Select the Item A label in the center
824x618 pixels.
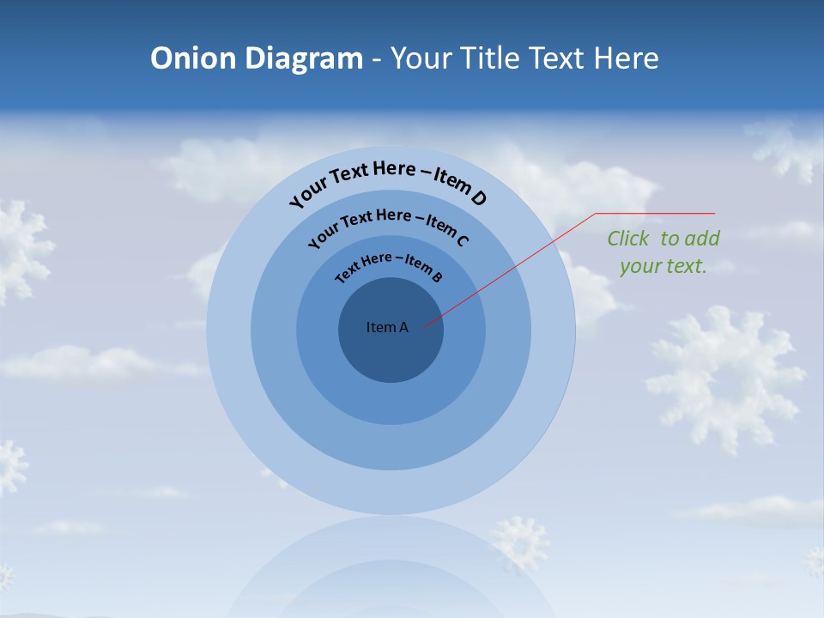click(387, 327)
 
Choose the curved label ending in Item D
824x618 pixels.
click(388, 180)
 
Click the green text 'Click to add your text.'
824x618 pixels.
click(663, 252)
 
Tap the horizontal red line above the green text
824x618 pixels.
click(655, 213)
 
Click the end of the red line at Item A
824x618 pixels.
click(425, 325)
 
